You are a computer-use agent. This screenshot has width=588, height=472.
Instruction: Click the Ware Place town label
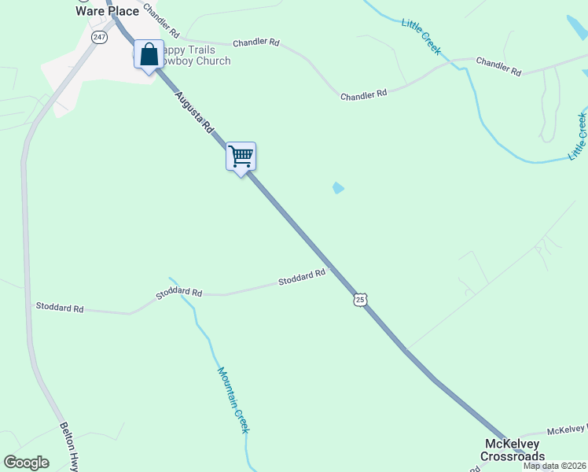coord(107,11)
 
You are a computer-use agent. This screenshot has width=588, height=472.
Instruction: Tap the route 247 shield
coord(99,37)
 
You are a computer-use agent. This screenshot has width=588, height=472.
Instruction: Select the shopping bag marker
coord(149,55)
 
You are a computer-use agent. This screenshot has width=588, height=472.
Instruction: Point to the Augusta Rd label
coord(194,112)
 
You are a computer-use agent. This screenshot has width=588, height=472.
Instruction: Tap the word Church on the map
coord(214,61)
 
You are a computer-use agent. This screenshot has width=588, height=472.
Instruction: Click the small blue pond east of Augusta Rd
coord(338,188)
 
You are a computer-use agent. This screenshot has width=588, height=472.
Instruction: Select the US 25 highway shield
coord(360,300)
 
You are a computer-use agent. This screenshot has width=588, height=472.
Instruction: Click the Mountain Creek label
coord(233,400)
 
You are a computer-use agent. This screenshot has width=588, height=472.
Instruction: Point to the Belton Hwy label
coord(70,448)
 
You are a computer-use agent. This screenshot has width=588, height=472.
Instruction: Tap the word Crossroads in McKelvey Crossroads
coord(513,456)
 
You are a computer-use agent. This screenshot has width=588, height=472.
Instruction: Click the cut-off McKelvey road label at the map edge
coord(567,430)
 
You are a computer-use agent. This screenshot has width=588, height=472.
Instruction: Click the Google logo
coord(26,463)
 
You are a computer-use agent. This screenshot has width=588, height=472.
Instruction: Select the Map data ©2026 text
coord(554,466)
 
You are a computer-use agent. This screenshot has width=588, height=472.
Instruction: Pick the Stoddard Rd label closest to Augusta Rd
coord(302,278)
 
